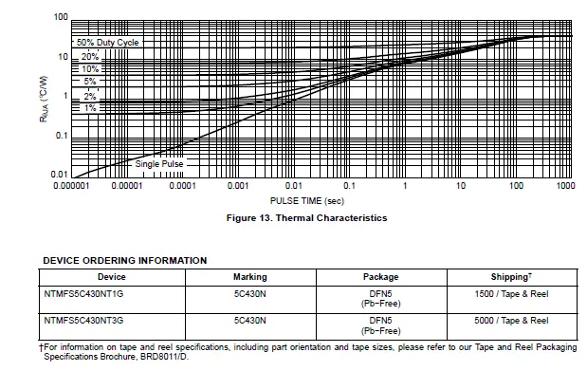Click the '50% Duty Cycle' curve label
pos(107,43)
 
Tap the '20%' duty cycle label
pos(90,57)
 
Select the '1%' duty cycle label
pos(90,108)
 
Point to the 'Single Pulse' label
pos(158,164)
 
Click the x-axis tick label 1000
pos(565,186)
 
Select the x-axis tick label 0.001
pos(238,186)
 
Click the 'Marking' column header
pos(249,277)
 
